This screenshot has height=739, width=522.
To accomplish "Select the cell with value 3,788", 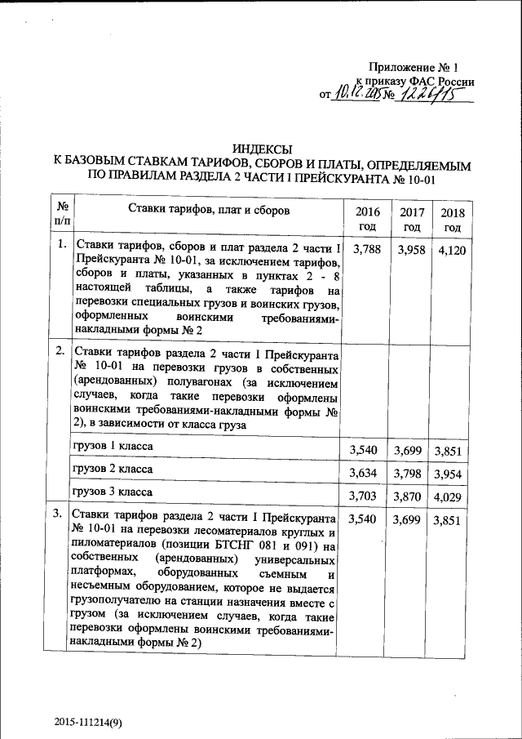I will pos(367,250).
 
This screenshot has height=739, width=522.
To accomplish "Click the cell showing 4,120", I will pos(452,250).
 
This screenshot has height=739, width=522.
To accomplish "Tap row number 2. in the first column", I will pos(60,351).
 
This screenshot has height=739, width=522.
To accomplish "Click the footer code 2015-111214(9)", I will pos(89,721).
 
